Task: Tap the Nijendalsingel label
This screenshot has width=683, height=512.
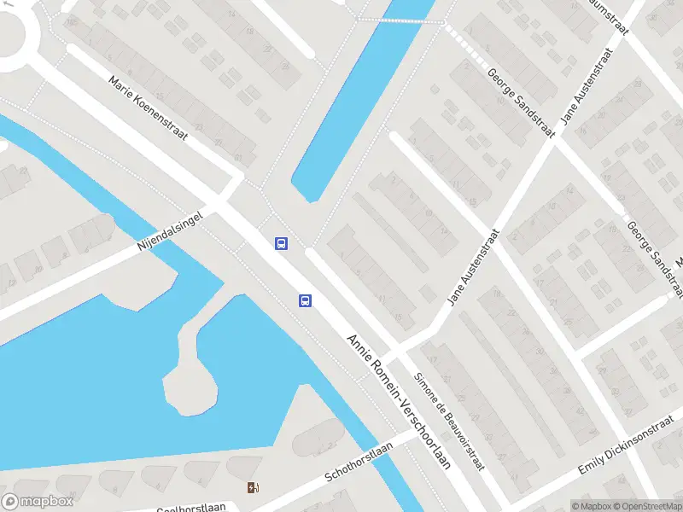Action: [172, 230]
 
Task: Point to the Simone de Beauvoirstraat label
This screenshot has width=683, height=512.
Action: [449, 422]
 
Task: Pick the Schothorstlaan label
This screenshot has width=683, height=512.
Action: [359, 462]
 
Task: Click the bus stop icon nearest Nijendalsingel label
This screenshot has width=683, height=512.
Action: [281, 243]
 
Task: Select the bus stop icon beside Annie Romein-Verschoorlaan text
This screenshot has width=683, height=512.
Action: [305, 300]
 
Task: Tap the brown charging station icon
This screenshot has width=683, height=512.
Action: [253, 488]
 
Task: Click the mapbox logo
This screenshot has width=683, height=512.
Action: [38, 501]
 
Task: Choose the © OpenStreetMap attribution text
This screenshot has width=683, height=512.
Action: [645, 506]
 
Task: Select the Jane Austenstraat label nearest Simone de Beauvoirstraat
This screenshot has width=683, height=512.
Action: [473, 267]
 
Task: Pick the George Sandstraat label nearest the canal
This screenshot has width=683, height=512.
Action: [518, 102]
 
